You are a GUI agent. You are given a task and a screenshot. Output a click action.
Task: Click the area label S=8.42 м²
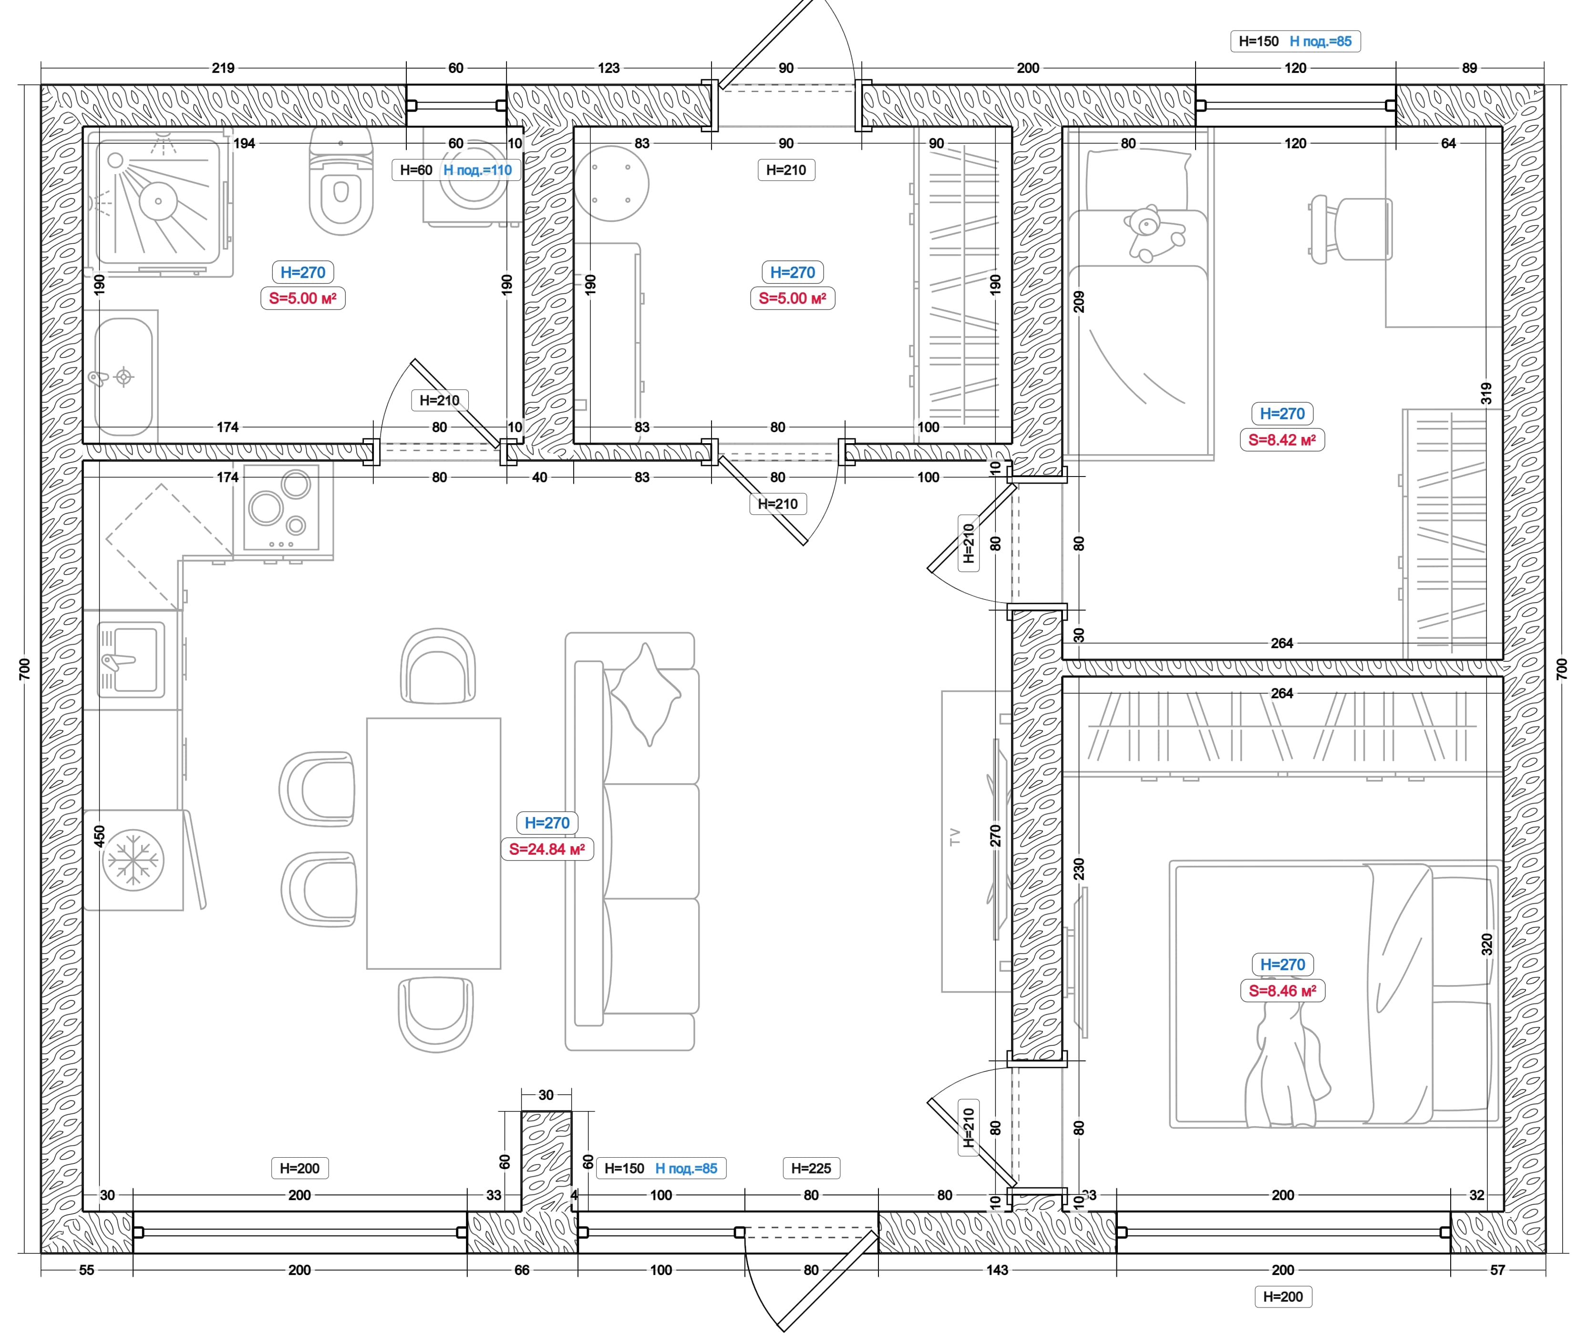(1282, 439)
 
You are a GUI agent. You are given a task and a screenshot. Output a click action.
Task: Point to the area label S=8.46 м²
(1282, 991)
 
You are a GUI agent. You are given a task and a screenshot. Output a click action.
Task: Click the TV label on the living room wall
(955, 837)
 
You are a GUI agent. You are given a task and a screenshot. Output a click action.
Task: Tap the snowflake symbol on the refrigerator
(133, 860)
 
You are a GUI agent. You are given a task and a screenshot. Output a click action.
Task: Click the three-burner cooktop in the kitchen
(281, 507)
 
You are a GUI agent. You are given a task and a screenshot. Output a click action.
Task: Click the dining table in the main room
(433, 843)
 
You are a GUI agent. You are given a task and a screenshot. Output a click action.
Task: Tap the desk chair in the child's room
(1351, 229)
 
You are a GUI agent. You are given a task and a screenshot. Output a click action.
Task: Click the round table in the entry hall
(611, 184)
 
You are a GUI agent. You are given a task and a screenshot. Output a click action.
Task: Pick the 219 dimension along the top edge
(223, 68)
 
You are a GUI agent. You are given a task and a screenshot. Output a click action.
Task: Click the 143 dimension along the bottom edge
(997, 1270)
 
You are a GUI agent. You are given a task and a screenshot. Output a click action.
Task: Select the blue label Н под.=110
(477, 170)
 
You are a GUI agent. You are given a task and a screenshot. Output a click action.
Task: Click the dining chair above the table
(438, 666)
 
